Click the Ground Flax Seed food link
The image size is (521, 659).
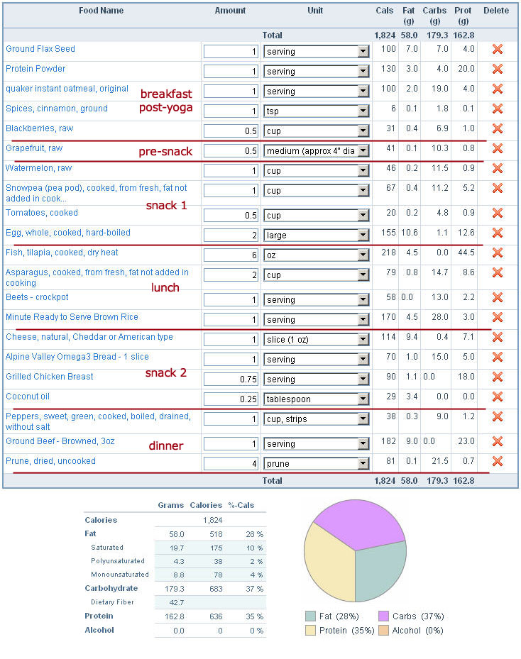pyautogui.click(x=40, y=49)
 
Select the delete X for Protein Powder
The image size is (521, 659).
pyautogui.click(x=498, y=69)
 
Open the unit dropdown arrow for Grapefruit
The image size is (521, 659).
pyautogui.click(x=363, y=151)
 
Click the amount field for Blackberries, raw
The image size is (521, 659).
pyautogui.click(x=231, y=131)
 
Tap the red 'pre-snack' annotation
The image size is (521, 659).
pyautogui.click(x=165, y=151)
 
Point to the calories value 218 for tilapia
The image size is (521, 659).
pyautogui.click(x=388, y=253)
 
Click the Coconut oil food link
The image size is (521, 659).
pyautogui.click(x=28, y=397)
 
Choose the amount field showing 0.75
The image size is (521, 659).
pyautogui.click(x=231, y=379)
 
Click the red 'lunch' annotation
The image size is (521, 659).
pyautogui.click(x=165, y=287)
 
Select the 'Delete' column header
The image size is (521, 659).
pyautogui.click(x=496, y=11)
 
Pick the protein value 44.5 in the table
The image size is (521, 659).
pyautogui.click(x=466, y=253)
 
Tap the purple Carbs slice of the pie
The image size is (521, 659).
pyautogui.click(x=358, y=523)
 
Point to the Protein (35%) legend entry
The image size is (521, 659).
pyautogui.click(x=340, y=631)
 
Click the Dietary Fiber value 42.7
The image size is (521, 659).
pyautogui.click(x=177, y=603)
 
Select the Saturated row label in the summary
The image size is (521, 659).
pyautogui.click(x=107, y=548)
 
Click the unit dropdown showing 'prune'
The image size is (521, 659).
pyautogui.click(x=316, y=463)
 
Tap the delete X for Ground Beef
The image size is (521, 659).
pyautogui.click(x=498, y=441)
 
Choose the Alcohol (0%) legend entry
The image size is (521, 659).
pyautogui.click(x=411, y=631)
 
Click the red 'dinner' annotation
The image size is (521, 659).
pyautogui.click(x=166, y=445)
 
